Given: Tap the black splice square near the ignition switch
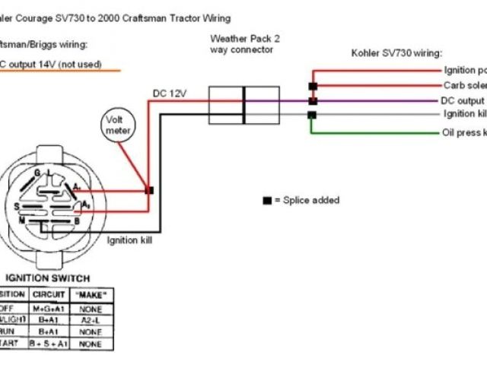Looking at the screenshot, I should tap(149, 190).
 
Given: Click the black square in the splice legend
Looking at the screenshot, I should tap(267, 201).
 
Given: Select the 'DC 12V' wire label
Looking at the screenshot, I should tap(170, 93).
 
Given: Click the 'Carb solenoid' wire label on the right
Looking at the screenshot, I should tap(463, 86).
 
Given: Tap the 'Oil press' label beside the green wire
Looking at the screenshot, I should tap(463, 132).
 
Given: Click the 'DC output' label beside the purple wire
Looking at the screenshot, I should tap(463, 100).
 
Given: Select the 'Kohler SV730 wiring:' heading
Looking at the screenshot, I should tap(396, 53).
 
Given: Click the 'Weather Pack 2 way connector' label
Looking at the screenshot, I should tap(241, 43).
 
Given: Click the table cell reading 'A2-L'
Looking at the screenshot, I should tap(91, 320).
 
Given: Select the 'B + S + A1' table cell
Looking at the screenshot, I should tap(49, 344).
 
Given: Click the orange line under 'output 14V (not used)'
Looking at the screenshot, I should tap(61, 71).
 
